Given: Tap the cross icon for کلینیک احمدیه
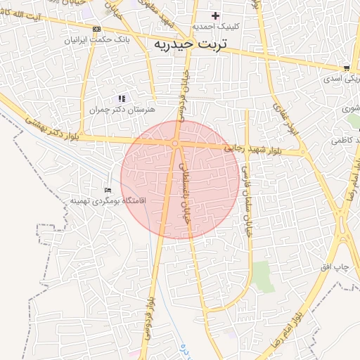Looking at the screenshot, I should (216, 15).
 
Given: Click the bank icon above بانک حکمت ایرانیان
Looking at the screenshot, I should (97, 29).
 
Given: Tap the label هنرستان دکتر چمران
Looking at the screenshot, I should (122, 110).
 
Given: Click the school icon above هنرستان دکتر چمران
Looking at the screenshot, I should (122, 99).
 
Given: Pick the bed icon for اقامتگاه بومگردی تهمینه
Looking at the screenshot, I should (108, 190).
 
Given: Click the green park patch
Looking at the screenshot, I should (263, 275).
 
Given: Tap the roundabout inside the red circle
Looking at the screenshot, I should (174, 143).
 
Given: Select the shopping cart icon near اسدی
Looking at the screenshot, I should (346, 68).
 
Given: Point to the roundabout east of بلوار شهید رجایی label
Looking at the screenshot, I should (303, 152).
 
